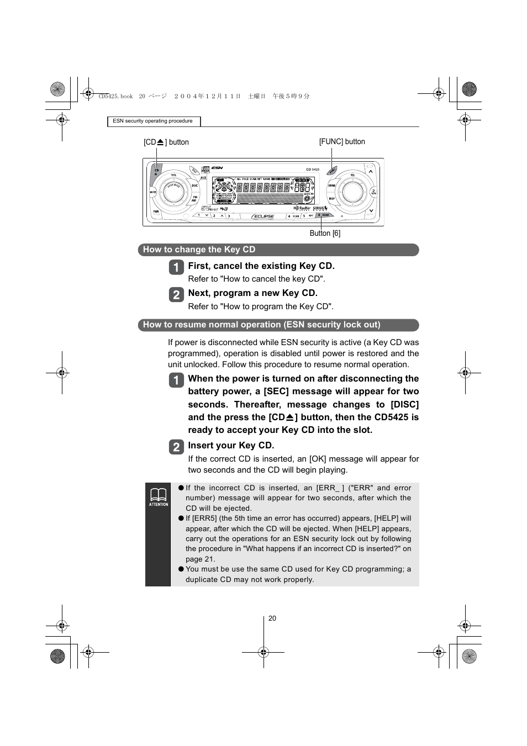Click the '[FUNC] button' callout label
(x=342, y=142)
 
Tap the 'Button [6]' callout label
(x=325, y=233)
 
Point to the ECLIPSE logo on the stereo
(x=263, y=216)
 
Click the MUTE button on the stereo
(x=154, y=193)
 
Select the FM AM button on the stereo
(x=194, y=199)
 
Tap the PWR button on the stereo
(x=156, y=211)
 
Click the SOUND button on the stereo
(x=331, y=186)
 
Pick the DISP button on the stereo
(x=331, y=199)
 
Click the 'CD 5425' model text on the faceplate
(x=313, y=170)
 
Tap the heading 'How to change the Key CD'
(x=199, y=250)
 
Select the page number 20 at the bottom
(x=272, y=618)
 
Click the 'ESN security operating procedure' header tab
(x=153, y=121)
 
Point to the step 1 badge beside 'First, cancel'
(x=176, y=267)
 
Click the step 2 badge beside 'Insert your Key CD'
(x=176, y=447)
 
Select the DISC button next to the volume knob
(x=194, y=186)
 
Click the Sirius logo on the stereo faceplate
(x=320, y=208)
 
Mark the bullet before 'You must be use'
(x=181, y=569)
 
